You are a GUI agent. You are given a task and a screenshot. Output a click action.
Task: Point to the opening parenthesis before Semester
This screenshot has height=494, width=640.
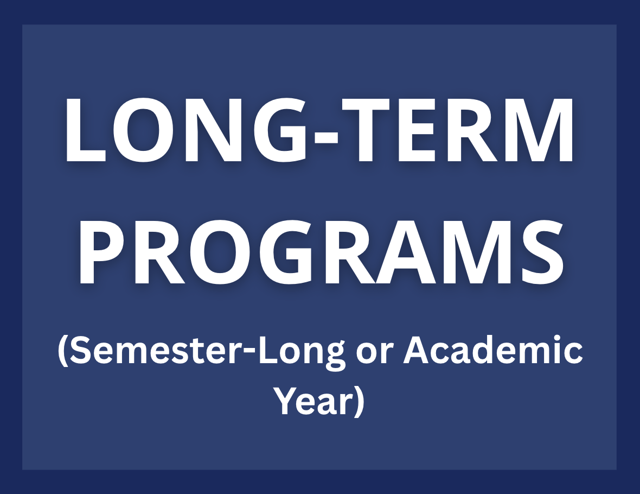(63, 353)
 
